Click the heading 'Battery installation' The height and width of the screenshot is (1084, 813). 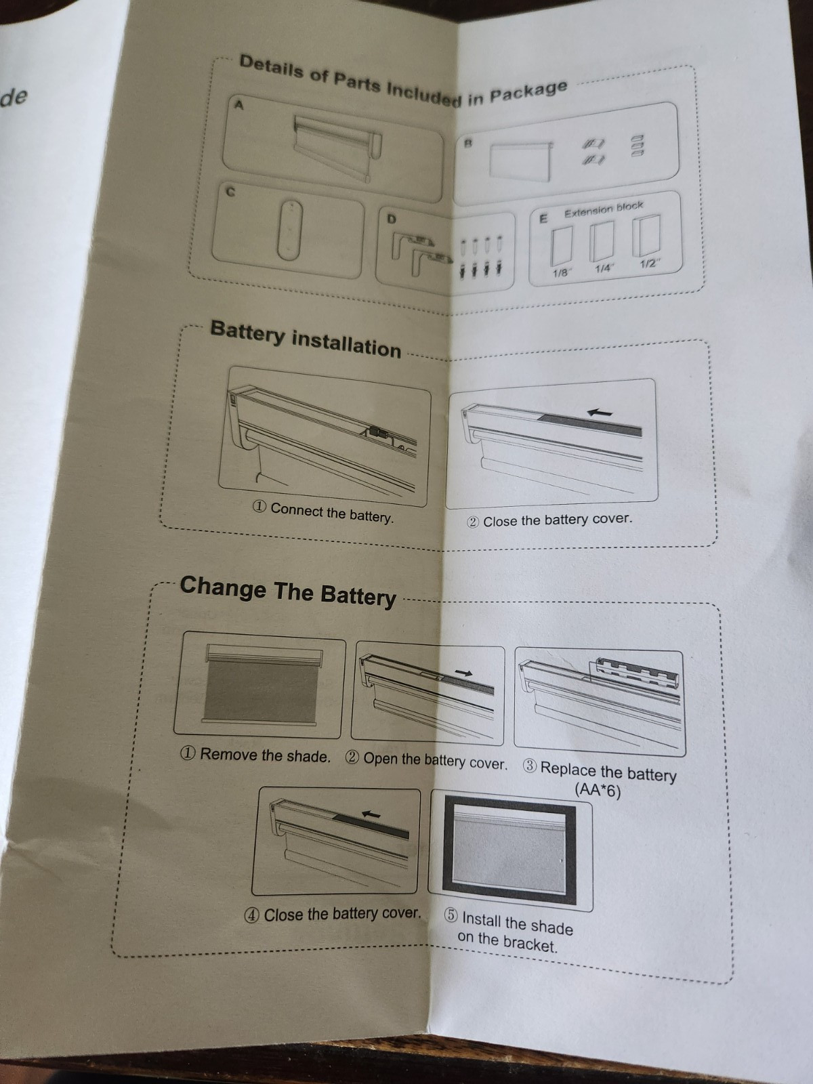(x=306, y=338)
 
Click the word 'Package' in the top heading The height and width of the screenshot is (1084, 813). (x=528, y=91)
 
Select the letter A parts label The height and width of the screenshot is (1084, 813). (x=239, y=105)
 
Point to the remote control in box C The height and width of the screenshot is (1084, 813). (x=290, y=230)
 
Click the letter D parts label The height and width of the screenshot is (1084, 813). (x=392, y=218)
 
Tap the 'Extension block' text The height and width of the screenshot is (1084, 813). (x=604, y=209)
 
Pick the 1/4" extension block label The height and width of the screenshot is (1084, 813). (x=604, y=269)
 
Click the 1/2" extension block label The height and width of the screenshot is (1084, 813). (x=649, y=264)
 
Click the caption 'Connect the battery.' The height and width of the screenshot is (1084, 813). (x=332, y=513)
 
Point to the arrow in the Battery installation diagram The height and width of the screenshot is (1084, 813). (x=600, y=413)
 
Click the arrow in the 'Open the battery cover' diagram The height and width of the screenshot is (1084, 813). (x=463, y=672)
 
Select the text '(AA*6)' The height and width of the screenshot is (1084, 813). (x=598, y=790)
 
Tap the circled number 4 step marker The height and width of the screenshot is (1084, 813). (x=252, y=915)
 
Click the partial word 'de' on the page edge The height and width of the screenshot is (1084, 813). (x=14, y=97)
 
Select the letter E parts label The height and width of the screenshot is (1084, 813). (x=543, y=217)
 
